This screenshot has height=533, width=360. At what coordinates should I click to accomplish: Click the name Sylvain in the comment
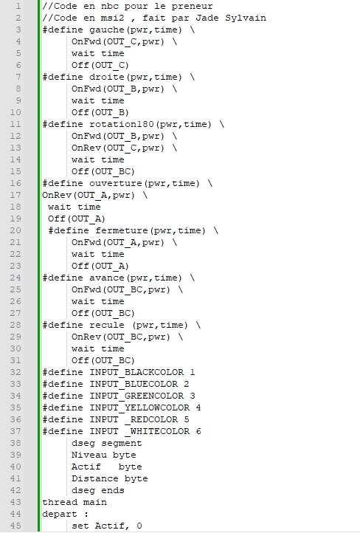(x=246, y=18)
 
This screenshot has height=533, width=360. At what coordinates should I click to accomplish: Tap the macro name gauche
(x=107, y=30)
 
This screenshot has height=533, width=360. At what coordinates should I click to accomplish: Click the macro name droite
(x=107, y=78)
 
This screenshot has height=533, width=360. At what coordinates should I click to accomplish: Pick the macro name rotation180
(x=122, y=125)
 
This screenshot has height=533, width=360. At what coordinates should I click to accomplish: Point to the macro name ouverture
(x=116, y=184)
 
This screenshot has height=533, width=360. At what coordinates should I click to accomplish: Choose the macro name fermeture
(x=122, y=231)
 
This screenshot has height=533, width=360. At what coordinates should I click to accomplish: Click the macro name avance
(x=107, y=278)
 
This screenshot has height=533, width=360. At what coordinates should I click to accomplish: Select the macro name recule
(x=107, y=326)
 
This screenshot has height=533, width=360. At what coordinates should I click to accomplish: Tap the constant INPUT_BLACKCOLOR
(x=136, y=373)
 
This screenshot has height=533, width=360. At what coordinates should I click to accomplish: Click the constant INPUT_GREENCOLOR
(x=136, y=396)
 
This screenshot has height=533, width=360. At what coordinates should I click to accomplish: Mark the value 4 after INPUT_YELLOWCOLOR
(x=198, y=408)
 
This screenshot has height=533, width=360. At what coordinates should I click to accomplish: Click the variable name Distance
(x=94, y=478)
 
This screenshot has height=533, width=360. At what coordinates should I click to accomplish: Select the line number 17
(x=15, y=195)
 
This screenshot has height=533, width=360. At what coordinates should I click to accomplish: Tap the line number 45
(x=15, y=526)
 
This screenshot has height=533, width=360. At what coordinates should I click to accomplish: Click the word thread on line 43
(x=60, y=502)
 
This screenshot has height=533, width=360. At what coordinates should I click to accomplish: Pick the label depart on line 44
(x=60, y=515)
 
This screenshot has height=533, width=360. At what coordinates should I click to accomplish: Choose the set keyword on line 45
(x=80, y=526)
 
